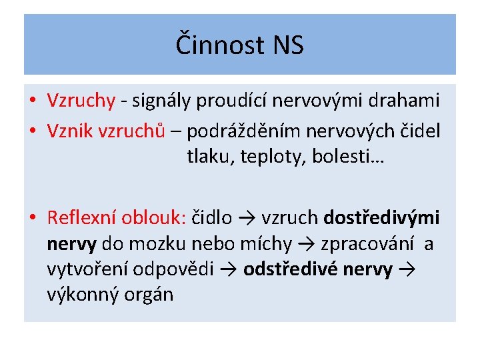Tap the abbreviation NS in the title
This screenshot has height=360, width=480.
(x=288, y=45)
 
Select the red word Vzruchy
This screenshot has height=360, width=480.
(x=81, y=101)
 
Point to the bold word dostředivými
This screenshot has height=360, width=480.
(x=381, y=217)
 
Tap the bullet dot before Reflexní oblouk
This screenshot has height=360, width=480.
(x=32, y=218)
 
